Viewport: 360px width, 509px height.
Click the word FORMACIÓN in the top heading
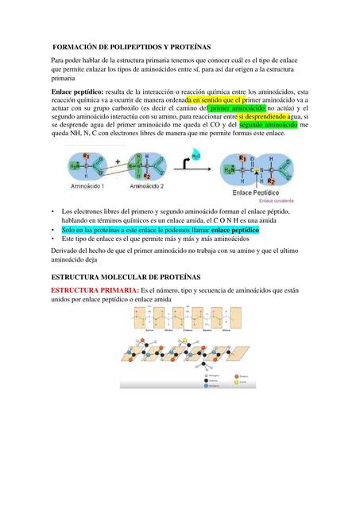(x=78, y=48)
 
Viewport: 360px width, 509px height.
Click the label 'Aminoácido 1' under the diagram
(x=87, y=186)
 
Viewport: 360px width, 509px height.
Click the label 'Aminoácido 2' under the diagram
(x=145, y=186)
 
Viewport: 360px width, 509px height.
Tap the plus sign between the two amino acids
(x=118, y=161)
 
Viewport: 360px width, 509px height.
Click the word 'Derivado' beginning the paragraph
(x=67, y=250)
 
